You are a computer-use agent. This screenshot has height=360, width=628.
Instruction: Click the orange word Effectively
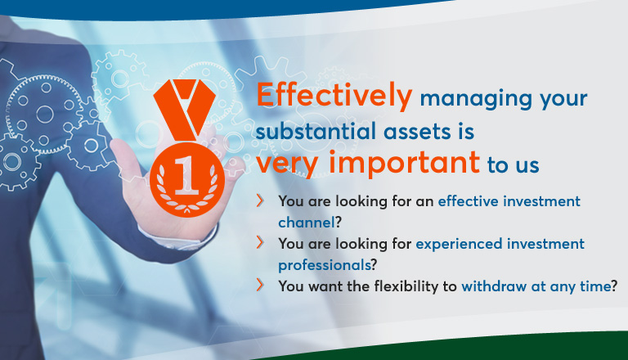coord(334,96)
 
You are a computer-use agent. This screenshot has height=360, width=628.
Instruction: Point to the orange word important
coord(404,163)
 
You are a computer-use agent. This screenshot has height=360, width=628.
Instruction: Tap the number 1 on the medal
coord(186,175)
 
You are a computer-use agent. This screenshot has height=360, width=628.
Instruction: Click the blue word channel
coord(307,222)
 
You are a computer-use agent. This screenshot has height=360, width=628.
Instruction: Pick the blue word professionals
coord(325,265)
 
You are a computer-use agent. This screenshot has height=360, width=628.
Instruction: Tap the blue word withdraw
coord(494,286)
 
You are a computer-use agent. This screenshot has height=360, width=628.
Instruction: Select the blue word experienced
coord(459,244)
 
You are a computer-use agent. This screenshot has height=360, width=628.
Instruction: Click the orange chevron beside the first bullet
coord(260,200)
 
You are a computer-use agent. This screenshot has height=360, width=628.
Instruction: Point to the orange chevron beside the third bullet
coord(260,285)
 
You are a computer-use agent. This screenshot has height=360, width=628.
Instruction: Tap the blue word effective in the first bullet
coord(469,200)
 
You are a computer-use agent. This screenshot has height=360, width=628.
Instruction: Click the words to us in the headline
coord(513,165)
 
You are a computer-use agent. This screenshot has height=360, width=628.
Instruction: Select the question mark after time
coord(614,286)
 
